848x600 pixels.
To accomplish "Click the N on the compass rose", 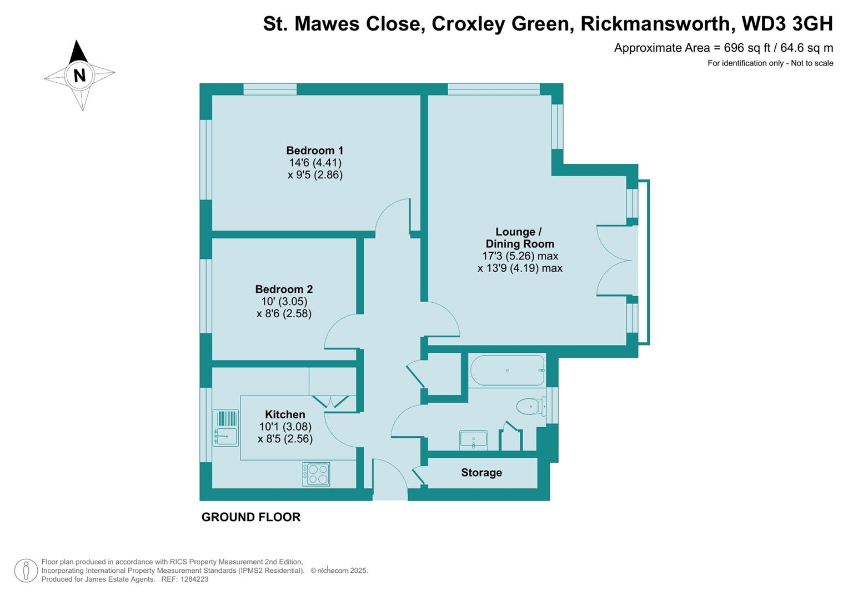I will [x=79, y=75].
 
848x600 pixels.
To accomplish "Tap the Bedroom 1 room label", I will [x=314, y=151].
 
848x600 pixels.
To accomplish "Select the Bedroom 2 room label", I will [x=284, y=289].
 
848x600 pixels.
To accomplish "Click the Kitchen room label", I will [x=285, y=414].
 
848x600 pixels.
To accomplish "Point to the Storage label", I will [x=481, y=473].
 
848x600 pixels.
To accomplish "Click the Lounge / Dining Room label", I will [x=519, y=238].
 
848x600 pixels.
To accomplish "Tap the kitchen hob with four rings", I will [x=316, y=474].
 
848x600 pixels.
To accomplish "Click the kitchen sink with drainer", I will [x=225, y=428].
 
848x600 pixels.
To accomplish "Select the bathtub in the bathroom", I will [x=507, y=371].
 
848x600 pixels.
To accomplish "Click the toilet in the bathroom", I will [x=531, y=407].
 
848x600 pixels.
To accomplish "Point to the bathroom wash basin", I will [x=473, y=440].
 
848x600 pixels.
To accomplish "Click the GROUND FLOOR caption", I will [x=250, y=517].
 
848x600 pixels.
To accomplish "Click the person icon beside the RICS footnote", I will [x=26, y=571].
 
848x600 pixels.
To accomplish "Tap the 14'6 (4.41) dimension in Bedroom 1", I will [x=315, y=163].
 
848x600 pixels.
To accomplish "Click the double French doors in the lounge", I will [x=614, y=261].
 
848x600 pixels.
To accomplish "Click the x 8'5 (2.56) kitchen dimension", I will [x=285, y=439].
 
